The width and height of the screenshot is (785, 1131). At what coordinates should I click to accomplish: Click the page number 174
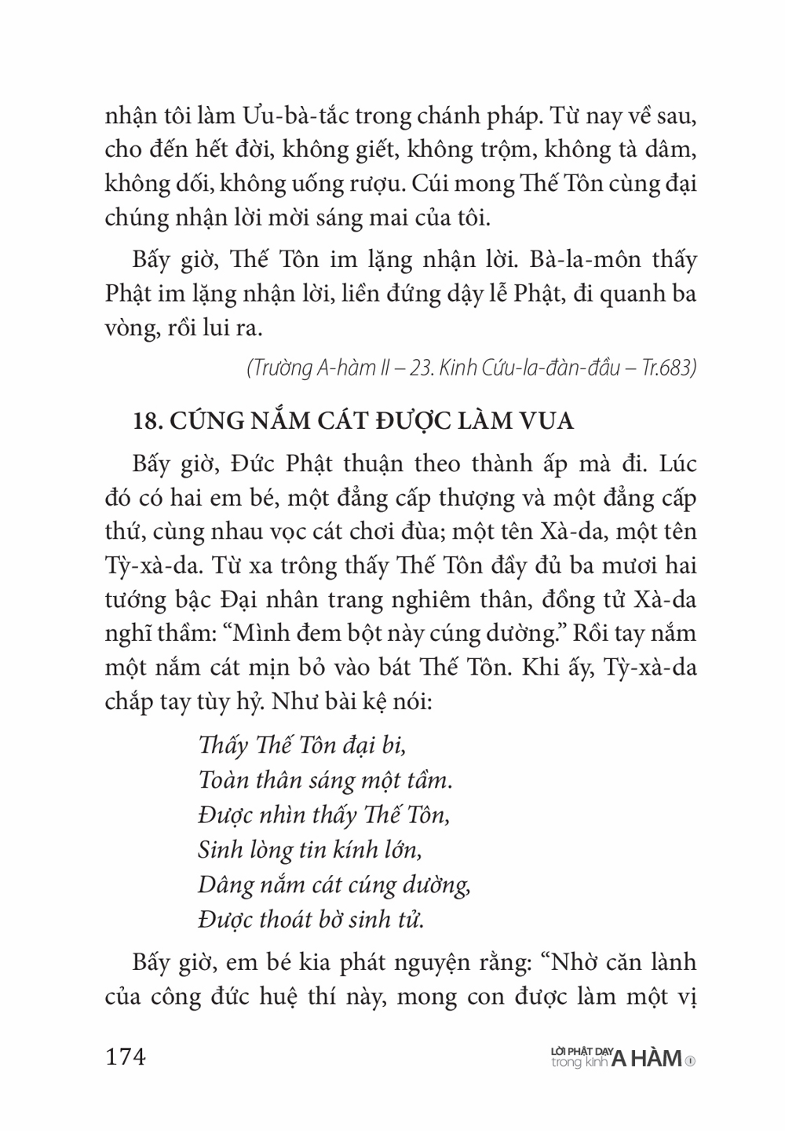(x=126, y=1057)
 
